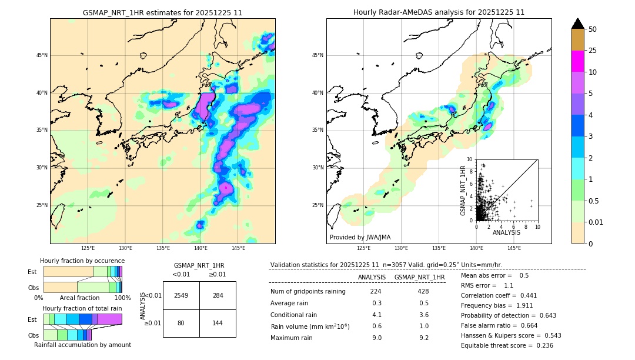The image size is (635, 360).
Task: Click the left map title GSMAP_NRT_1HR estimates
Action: [162, 12]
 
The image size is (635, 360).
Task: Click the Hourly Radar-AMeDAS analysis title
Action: [439, 12]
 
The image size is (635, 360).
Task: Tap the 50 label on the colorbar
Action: [593, 29]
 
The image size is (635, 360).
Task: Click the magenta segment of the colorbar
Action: [577, 61]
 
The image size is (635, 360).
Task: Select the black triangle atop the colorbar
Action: [577, 24]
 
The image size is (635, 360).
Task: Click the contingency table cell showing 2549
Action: [181, 295]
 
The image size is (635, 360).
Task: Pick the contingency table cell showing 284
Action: [218, 295]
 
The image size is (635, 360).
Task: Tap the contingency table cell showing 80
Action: [181, 323]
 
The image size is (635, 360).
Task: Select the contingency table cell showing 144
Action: [218, 323]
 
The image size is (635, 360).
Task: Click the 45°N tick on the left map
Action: [42, 55]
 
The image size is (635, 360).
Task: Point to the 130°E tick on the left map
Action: [125, 249]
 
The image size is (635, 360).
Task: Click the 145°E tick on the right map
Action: [514, 249]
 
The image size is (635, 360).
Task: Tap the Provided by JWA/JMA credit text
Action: [360, 238]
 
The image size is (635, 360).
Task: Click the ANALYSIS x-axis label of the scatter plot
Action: [506, 232]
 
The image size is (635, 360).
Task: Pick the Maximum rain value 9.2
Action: [423, 338]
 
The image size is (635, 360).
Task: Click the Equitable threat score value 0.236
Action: [542, 345]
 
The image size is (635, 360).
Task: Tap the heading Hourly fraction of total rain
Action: [82, 309]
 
